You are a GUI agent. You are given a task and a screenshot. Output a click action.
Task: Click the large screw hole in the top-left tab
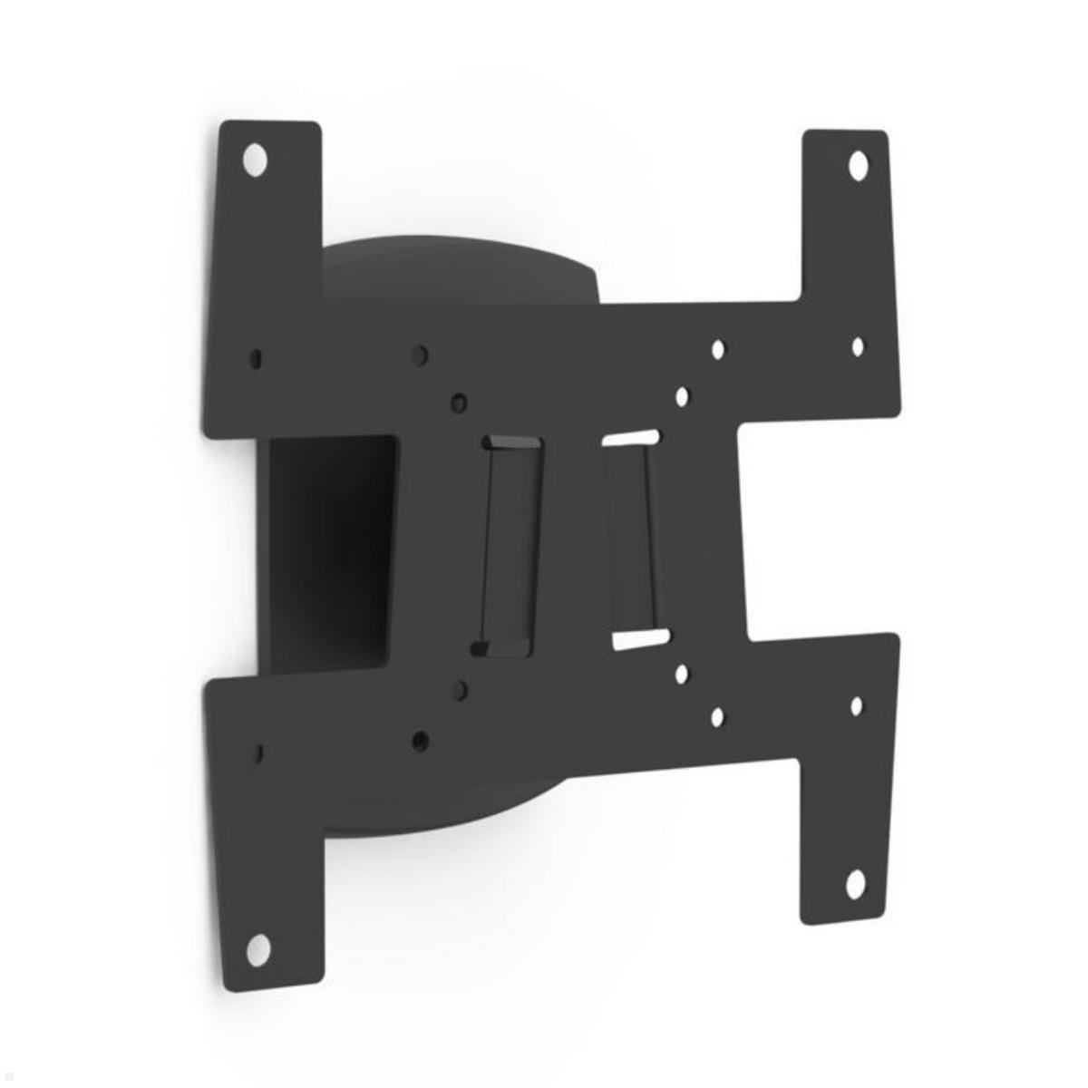tap(256, 160)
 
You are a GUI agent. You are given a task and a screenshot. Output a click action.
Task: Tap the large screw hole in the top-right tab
tap(858, 166)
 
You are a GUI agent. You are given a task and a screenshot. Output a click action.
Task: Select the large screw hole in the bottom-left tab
tap(258, 948)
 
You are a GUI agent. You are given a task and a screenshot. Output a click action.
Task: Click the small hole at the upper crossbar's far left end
tap(257, 358)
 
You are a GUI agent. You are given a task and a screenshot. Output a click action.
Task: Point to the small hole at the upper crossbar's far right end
tap(858, 346)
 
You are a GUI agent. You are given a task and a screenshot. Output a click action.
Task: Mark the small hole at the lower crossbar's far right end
tap(856, 706)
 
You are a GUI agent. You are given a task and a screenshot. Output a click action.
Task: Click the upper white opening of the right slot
tap(630, 437)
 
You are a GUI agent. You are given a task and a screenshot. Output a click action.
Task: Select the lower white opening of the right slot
tap(640, 638)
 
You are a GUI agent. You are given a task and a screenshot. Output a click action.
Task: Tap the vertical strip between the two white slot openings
tap(633, 538)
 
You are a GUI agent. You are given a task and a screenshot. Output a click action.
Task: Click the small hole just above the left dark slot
tap(460, 402)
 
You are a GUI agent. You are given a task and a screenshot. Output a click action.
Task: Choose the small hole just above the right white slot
tap(682, 396)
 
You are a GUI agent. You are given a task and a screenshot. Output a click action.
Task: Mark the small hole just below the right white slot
tap(682, 674)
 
